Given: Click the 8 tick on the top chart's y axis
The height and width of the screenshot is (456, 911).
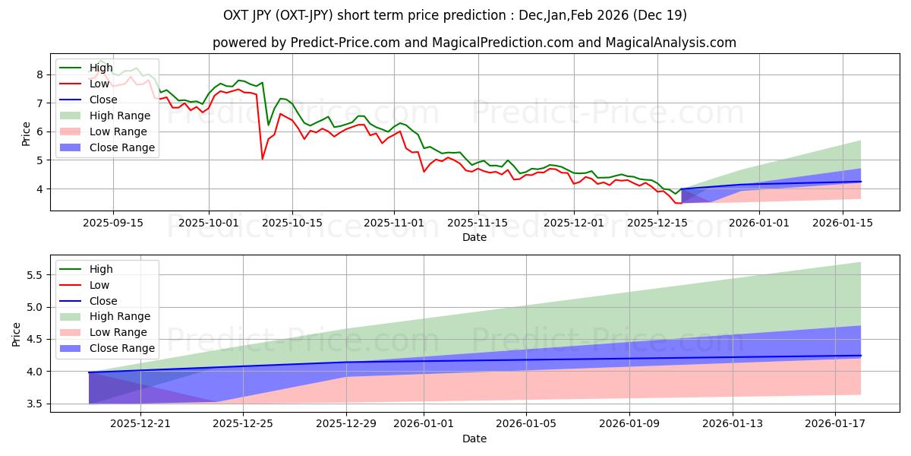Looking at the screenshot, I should [39, 74].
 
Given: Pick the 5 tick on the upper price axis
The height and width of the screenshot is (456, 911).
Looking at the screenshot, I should [39, 160].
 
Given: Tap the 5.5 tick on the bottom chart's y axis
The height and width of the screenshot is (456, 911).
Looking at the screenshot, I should [34, 274].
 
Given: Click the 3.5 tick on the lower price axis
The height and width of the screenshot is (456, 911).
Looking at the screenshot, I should [34, 404].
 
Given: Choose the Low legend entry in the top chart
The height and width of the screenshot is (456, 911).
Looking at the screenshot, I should [100, 84].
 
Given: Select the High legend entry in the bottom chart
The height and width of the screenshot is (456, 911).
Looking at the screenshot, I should [101, 269].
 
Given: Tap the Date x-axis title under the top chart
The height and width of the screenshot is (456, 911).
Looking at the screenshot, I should [474, 237].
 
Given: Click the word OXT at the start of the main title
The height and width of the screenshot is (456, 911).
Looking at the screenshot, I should [237, 15].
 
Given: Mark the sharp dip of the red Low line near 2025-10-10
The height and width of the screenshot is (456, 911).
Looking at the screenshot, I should [263, 158].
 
